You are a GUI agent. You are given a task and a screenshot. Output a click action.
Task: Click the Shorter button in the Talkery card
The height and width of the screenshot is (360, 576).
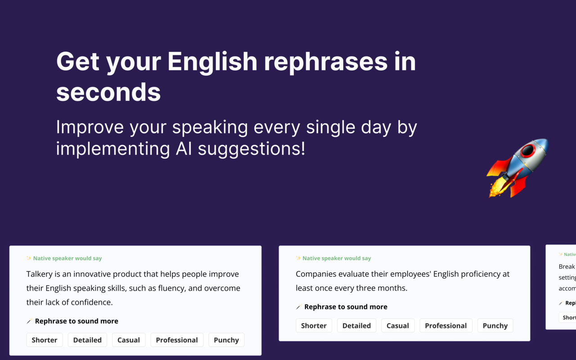tap(44, 340)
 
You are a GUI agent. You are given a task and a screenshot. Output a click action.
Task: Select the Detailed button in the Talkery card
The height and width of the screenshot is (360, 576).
tap(87, 340)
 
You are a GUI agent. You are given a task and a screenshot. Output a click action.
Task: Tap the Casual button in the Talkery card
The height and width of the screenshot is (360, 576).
tap(129, 340)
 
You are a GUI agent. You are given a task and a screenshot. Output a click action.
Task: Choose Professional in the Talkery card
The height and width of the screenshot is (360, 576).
tap(177, 340)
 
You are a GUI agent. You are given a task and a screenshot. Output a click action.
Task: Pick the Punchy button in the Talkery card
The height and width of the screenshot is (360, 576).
tap(226, 340)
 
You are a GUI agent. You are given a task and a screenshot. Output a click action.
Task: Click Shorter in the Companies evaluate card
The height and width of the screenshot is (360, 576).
tap(314, 325)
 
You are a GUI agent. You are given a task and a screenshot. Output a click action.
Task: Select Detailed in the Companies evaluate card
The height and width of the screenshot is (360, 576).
tap(356, 325)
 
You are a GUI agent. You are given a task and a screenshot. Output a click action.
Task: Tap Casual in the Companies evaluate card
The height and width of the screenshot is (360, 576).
tap(398, 325)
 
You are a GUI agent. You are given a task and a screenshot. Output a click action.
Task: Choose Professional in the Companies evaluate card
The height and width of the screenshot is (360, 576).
tap(446, 325)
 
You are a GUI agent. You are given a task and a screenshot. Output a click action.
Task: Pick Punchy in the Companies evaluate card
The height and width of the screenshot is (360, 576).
tap(495, 325)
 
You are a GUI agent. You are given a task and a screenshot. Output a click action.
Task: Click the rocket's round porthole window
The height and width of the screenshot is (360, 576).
tap(527, 151)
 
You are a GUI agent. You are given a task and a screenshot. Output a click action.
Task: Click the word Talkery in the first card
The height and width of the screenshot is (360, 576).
tap(40, 274)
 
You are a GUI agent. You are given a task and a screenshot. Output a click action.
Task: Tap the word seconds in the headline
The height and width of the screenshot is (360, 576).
tap(108, 92)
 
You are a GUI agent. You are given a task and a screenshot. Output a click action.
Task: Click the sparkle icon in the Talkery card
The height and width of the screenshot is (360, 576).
tap(29, 258)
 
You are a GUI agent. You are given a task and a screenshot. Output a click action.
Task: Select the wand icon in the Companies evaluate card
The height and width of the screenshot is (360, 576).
tap(298, 307)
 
